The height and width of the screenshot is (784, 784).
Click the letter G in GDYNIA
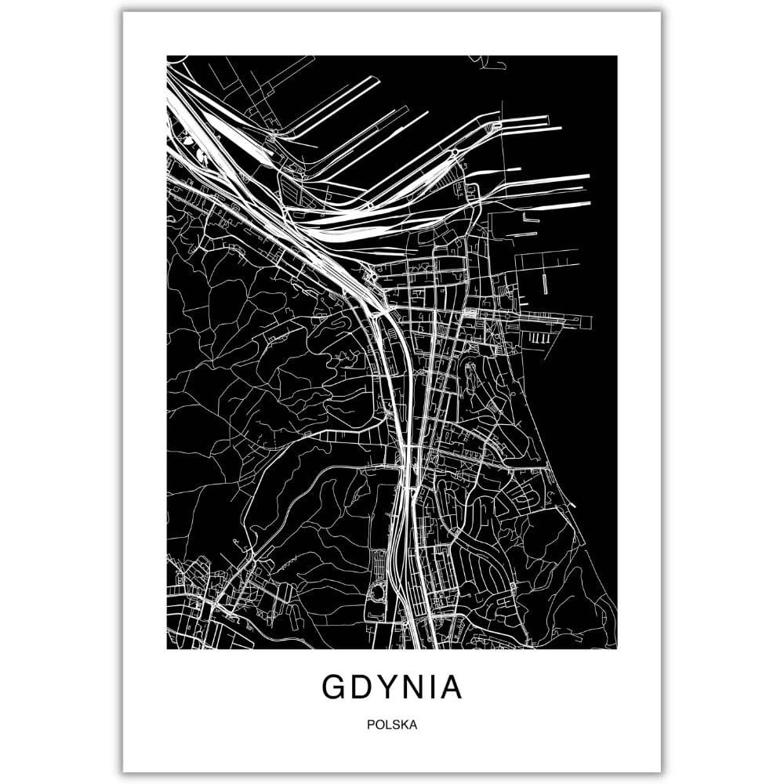[x=333, y=687]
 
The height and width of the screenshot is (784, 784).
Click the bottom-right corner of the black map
[x=616, y=648]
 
